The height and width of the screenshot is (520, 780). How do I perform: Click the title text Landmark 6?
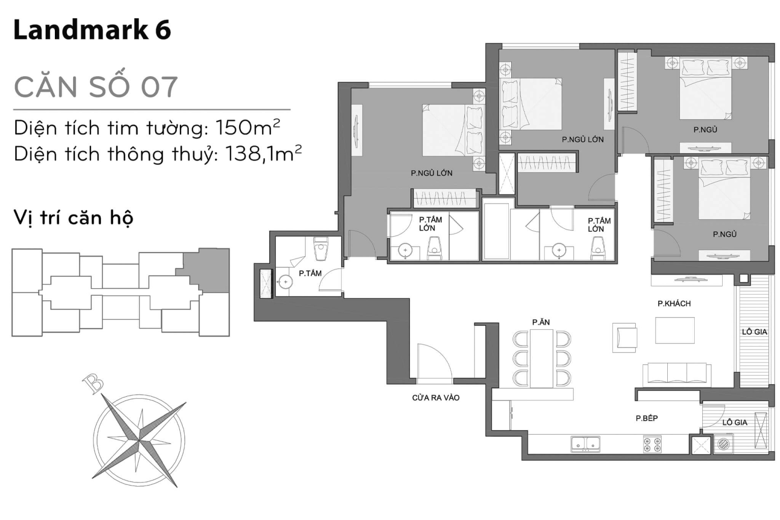(92, 30)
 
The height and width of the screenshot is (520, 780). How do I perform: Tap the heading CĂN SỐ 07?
(96, 87)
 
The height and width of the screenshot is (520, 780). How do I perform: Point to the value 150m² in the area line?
(248, 127)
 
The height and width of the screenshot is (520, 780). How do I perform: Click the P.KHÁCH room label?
(674, 303)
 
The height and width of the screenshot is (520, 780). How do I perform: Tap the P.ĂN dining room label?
(541, 322)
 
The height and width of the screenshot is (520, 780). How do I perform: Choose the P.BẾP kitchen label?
(646, 418)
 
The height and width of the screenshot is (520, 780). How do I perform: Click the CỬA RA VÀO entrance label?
(436, 398)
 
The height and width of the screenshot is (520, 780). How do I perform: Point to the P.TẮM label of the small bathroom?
(310, 273)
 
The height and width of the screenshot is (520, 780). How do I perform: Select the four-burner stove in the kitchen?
(653, 444)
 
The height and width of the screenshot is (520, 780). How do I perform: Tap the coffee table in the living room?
(674, 330)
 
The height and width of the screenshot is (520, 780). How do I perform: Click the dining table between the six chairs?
(541, 358)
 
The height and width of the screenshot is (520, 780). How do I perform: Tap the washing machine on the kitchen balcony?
(723, 444)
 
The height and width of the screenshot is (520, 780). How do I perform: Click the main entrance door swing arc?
(434, 361)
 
